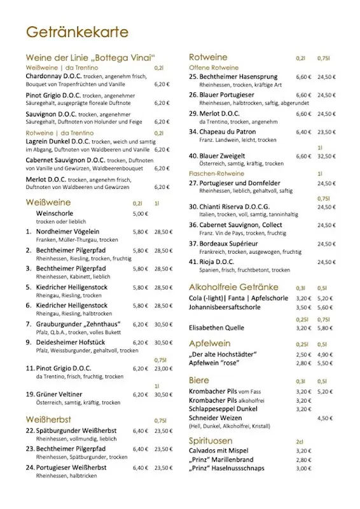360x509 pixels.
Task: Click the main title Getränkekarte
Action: coord(77,32)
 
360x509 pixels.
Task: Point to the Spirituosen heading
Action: coord(211,440)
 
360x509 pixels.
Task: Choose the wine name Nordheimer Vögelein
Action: coord(62,232)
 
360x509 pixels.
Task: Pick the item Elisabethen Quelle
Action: coord(216,328)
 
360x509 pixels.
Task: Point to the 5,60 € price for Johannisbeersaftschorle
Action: coord(325,307)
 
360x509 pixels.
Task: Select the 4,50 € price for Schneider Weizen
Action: coord(325,418)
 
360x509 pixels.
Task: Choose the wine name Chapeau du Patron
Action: coord(229,132)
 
